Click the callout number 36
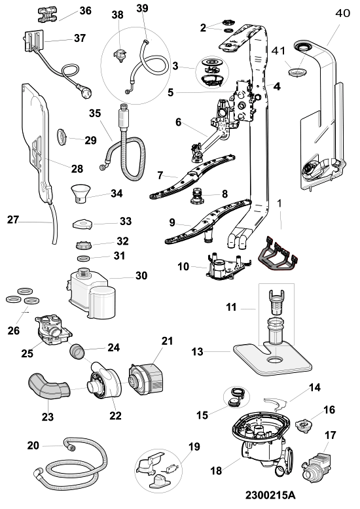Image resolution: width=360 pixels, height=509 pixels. coord(86,10)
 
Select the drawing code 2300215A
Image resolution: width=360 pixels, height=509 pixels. coord(270,495)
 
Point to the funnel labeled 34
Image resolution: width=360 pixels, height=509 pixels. coord(81,193)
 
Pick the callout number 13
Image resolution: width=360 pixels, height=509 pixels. coord(197,351)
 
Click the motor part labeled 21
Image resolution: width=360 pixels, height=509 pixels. coord(146,379)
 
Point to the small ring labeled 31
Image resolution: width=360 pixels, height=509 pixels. coord(84,258)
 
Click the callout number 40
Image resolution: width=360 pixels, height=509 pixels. coord(342,13)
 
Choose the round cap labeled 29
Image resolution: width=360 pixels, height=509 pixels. coord(62,137)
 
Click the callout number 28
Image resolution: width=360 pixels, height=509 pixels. coord(77,169)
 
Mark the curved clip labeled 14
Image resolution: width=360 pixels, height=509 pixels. coord(276,403)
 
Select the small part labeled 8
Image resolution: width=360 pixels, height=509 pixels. coord(197,196)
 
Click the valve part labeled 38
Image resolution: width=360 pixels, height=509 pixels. coord(121,56)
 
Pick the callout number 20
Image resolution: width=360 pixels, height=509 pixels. coord(33,446)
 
